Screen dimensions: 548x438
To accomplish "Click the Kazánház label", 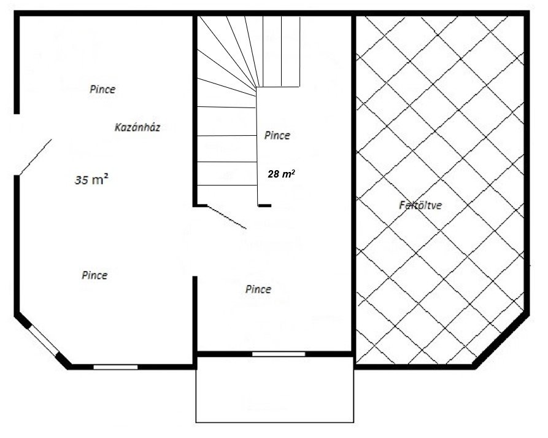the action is point(137,127).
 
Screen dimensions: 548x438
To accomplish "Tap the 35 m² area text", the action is point(91,179).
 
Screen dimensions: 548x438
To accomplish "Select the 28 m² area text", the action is point(281,173).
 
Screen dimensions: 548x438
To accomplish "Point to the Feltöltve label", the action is point(420,205).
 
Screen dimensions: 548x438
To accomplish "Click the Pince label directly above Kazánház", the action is point(102,89).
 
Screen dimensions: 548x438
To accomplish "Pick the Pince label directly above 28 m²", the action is point(277,135).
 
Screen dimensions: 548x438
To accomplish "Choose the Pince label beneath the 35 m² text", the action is point(95,275).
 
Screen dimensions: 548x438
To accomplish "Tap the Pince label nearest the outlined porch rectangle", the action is point(258,289).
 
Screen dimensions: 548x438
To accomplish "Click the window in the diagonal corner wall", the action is point(43,341).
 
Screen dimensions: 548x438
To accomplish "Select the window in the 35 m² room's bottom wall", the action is point(115,367).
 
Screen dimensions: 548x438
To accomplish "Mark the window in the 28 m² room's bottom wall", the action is point(279,354).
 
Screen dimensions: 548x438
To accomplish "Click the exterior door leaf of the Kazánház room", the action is point(36,157).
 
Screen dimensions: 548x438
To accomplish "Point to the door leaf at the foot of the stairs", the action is point(227,217).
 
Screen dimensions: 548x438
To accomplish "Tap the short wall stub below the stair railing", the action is point(264,206).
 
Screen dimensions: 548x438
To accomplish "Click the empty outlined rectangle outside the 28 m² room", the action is point(275,389).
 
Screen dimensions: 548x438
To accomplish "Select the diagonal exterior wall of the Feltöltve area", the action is point(501,341).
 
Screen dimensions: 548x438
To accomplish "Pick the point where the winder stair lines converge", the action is point(257,87).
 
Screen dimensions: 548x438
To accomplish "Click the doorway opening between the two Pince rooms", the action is point(195,241).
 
